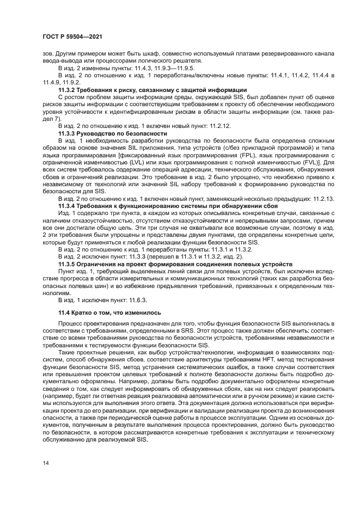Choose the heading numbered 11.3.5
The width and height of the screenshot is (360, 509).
(168, 263)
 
